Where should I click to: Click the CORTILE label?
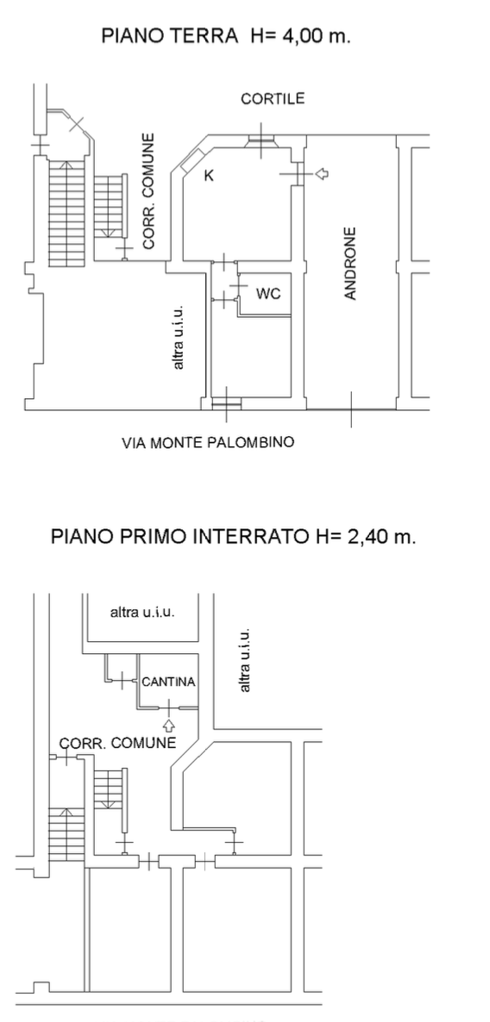coord(273,98)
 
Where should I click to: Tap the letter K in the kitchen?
coord(209,175)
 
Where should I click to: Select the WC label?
coord(268,294)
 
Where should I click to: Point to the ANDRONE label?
coord(350,264)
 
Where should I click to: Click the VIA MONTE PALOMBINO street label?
coord(208,443)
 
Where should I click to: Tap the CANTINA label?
coord(169,682)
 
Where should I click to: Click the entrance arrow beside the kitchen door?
coord(322,173)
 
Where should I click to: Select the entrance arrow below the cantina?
coord(169,725)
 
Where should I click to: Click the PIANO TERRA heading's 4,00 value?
coord(302,36)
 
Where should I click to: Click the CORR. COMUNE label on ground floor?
coord(148,191)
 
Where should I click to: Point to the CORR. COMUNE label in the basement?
coord(117,743)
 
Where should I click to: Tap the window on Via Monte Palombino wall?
coord(226,404)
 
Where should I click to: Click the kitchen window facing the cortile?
coord(261,141)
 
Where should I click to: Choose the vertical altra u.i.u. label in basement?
coord(244,661)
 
